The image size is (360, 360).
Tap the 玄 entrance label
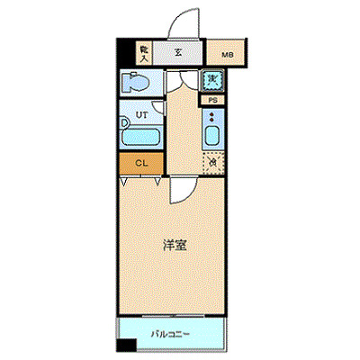(178, 53)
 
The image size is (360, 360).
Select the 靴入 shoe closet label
(144, 53)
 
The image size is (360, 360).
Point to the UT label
(141, 116)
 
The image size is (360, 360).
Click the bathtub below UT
(140, 139)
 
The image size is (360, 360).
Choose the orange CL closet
(140, 163)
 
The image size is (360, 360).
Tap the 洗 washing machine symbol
(212, 81)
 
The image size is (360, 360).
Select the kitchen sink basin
(212, 137)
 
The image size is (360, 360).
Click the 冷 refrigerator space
(212, 163)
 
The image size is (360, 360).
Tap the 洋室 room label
(175, 244)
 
